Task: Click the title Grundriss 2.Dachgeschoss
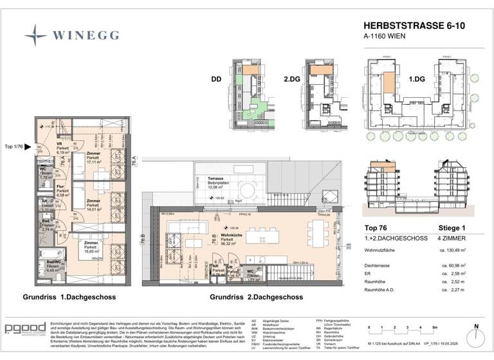click(257, 297)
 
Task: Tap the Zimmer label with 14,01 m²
click(85, 206)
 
